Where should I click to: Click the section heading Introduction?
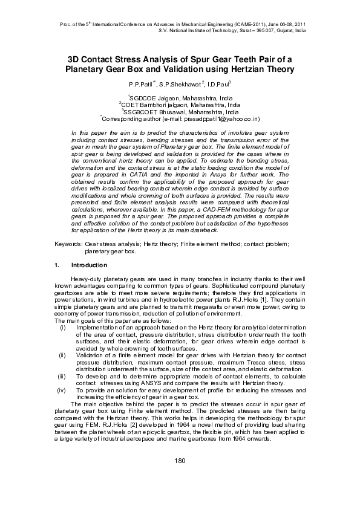(89, 265)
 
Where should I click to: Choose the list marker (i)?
(62, 327)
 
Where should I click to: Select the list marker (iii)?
(62, 376)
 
